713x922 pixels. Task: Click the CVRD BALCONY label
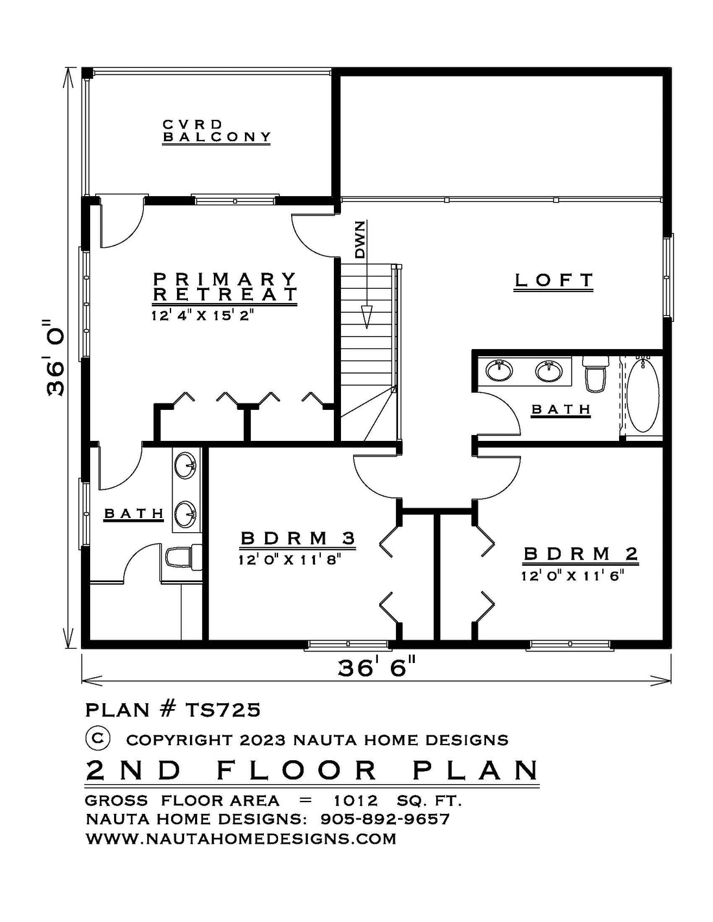click(x=216, y=131)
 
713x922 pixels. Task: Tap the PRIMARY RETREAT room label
click(x=225, y=287)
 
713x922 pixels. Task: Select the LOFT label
click(x=554, y=280)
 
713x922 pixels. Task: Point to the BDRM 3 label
click(x=298, y=539)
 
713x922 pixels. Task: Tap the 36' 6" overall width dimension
click(x=376, y=668)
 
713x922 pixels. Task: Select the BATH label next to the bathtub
click(x=561, y=409)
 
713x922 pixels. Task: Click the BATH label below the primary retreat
click(x=134, y=514)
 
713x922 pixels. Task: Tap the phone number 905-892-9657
click(x=385, y=819)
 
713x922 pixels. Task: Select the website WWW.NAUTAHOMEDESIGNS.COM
click(x=240, y=839)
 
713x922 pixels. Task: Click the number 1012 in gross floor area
click(x=355, y=801)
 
